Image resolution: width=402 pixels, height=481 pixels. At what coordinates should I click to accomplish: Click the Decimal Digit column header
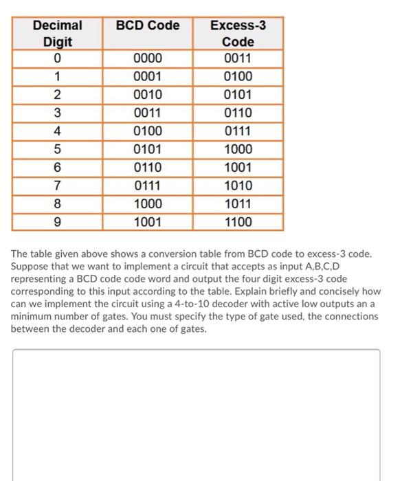coord(58,33)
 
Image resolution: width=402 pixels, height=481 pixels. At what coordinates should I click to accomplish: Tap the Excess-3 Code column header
coord(238,33)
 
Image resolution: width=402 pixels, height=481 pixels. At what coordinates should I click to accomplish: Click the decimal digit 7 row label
coord(58,186)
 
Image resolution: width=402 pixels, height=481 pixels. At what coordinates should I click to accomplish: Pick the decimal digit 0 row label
coord(58,58)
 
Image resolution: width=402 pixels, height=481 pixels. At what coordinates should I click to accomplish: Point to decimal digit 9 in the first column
coord(58,222)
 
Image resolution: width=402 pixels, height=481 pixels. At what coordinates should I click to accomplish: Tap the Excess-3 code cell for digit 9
coord(238,222)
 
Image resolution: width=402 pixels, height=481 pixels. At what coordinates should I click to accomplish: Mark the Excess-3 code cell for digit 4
coord(238,131)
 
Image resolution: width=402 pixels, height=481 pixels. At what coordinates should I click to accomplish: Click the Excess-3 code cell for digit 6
coord(238,168)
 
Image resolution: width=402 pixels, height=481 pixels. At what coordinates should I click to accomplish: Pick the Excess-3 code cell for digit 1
coord(238,76)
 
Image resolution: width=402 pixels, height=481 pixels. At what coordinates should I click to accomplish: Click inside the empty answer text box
coord(196,412)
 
